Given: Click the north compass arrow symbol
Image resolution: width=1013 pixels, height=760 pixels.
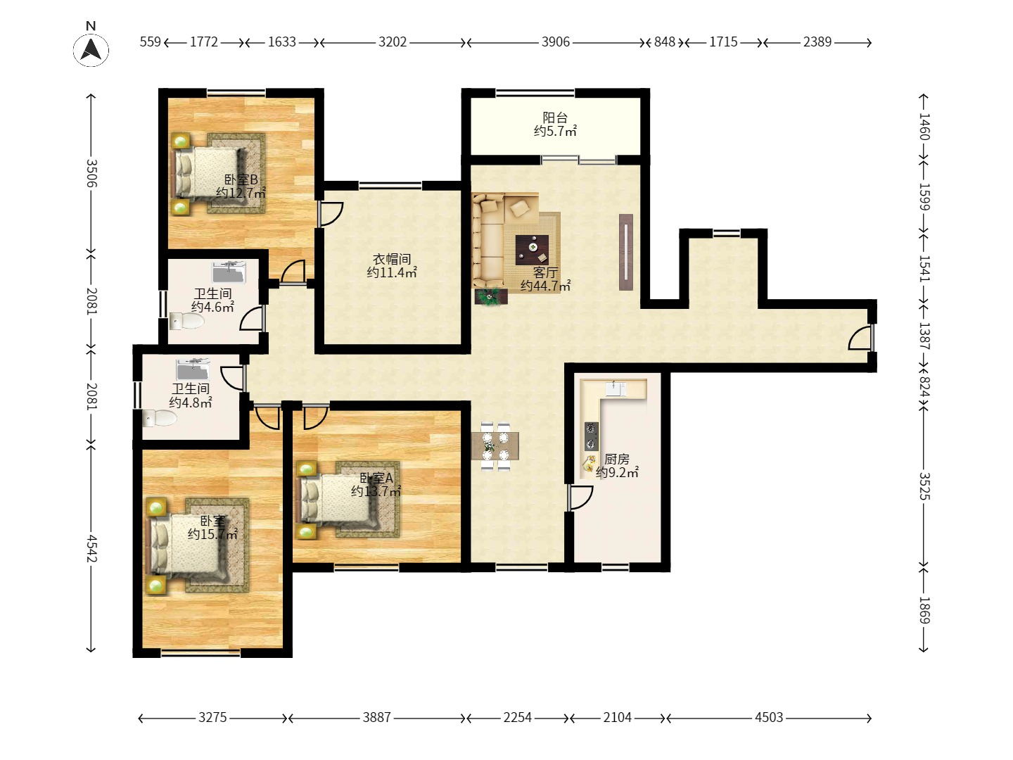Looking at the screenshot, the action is pyautogui.click(x=91, y=49).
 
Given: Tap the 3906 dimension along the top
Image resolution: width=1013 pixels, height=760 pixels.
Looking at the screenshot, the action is pyautogui.click(x=556, y=42).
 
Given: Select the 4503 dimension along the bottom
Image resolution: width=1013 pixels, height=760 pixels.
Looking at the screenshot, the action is pyautogui.click(x=769, y=717).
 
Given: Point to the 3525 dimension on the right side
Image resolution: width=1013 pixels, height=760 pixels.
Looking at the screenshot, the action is pyautogui.click(x=924, y=486).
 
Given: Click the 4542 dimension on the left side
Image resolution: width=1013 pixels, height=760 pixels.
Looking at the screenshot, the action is pyautogui.click(x=91, y=548).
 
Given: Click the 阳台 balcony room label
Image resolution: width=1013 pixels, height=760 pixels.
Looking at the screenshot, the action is pyautogui.click(x=555, y=118).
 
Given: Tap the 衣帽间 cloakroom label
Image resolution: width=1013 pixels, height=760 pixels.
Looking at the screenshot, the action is pyautogui.click(x=392, y=259).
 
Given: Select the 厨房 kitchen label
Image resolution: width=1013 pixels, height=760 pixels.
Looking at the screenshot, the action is pyautogui.click(x=616, y=459).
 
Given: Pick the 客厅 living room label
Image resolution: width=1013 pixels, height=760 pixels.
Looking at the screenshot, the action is pyautogui.click(x=545, y=272).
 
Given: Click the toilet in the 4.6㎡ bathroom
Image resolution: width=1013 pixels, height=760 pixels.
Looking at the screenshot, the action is pyautogui.click(x=186, y=321).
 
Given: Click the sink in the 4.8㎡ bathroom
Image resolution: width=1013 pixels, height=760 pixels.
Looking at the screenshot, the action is pyautogui.click(x=193, y=369).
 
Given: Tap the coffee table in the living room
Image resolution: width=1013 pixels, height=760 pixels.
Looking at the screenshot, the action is pyautogui.click(x=532, y=249).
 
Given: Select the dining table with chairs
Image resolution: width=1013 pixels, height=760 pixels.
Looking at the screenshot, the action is pyautogui.click(x=495, y=445).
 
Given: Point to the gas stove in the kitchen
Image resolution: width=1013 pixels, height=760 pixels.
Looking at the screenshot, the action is pyautogui.click(x=591, y=436).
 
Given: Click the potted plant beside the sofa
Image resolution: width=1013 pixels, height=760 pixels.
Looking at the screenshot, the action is pyautogui.click(x=490, y=296).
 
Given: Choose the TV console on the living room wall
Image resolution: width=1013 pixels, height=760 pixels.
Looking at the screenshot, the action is pyautogui.click(x=626, y=252).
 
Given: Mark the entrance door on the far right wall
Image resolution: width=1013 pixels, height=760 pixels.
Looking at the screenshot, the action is pyautogui.click(x=861, y=338).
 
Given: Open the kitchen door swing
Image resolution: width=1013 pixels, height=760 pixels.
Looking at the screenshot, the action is pyautogui.click(x=580, y=497).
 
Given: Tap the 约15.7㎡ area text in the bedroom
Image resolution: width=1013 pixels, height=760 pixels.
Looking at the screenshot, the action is pyautogui.click(x=212, y=534).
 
